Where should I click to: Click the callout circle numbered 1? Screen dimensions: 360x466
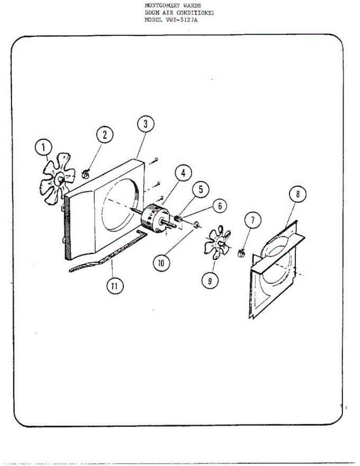(x=44, y=148)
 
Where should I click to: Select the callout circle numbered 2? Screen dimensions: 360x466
(x=105, y=135)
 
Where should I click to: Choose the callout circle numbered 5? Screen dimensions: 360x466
(x=201, y=190)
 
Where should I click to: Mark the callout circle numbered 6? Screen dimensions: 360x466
(x=220, y=206)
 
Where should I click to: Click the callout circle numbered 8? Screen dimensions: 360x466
(x=298, y=195)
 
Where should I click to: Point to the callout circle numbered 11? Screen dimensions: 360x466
(x=114, y=286)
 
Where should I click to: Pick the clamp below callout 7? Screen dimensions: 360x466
(x=242, y=254)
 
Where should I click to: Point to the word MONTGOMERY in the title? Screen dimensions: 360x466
(x=160, y=6)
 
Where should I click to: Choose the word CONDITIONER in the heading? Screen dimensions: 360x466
(x=195, y=13)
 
